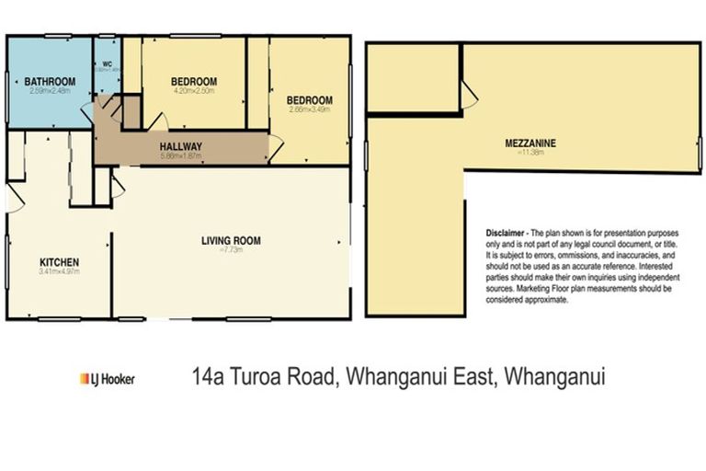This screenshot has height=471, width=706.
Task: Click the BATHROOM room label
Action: click(x=51, y=81)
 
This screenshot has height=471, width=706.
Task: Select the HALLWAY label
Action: click(x=180, y=146)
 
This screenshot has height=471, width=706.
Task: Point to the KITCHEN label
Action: click(x=58, y=261)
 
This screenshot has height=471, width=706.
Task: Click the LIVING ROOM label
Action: click(x=231, y=241)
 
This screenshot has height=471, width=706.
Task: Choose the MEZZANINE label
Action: click(x=530, y=143)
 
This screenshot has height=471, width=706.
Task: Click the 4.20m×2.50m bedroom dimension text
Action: click(x=193, y=91)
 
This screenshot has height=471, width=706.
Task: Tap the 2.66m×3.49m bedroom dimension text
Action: click(x=308, y=109)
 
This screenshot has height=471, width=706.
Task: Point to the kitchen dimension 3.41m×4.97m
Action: click(x=59, y=271)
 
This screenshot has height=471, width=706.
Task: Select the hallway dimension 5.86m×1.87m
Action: click(x=180, y=155)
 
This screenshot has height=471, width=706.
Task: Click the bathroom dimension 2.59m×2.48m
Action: click(x=51, y=90)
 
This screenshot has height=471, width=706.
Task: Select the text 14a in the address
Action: click(x=208, y=376)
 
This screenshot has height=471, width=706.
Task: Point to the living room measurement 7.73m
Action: click(x=232, y=250)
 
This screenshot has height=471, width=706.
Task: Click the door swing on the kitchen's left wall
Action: click(x=15, y=197)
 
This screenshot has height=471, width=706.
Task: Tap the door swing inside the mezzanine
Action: click(x=468, y=90)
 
